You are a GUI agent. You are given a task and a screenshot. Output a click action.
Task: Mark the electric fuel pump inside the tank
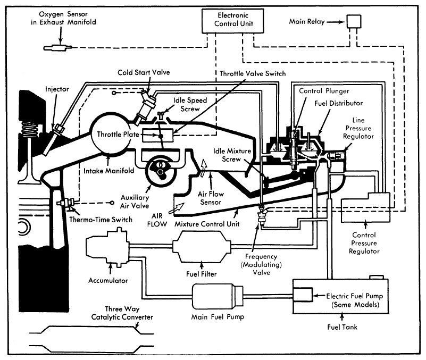tap(302, 295)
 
